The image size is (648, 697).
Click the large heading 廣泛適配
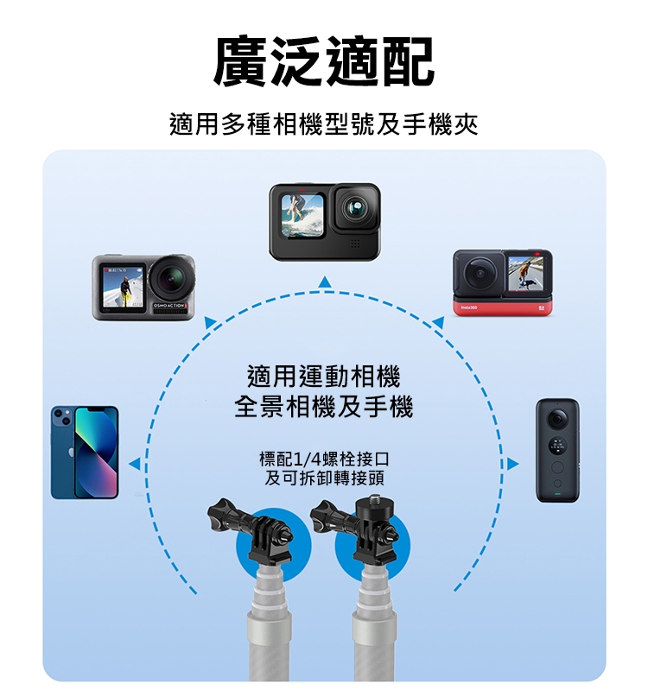tap(324, 60)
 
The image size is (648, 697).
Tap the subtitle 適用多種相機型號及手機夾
tap(324, 124)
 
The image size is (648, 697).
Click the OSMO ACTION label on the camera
tap(169, 306)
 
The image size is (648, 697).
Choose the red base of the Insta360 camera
tap(503, 307)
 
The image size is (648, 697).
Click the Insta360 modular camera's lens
tap(480, 273)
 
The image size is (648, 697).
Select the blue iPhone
tap(85, 452)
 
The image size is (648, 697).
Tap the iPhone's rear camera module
tap(62, 416)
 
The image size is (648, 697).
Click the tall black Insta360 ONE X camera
tap(557, 450)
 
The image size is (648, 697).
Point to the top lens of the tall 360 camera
tap(556, 418)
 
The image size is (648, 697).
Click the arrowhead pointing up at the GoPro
tap(325, 282)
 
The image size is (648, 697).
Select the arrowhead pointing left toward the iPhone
tap(134, 464)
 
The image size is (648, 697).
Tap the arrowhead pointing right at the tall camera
tap(513, 464)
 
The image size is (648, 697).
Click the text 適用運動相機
tap(324, 376)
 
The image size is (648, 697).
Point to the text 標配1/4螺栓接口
tap(324, 459)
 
